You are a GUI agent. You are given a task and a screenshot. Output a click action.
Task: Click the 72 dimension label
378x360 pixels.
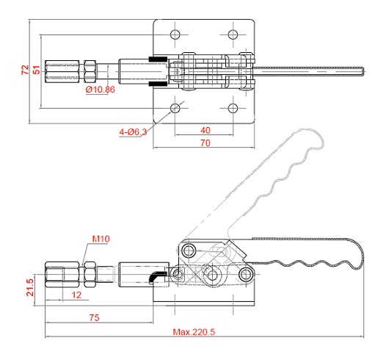(25, 70)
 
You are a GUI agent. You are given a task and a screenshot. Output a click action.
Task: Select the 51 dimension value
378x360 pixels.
(37, 70)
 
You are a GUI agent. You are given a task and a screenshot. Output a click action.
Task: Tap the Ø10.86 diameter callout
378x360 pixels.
(100, 90)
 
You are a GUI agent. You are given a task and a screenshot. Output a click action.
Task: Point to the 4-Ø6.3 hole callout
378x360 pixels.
(133, 132)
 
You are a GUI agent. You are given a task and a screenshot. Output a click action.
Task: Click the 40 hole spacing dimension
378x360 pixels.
(206, 130)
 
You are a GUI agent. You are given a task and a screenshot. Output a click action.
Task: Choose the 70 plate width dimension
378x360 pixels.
(206, 143)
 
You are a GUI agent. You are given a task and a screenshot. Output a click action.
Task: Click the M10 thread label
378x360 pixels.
(101, 239)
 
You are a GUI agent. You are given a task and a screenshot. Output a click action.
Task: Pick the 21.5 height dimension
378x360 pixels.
(30, 287)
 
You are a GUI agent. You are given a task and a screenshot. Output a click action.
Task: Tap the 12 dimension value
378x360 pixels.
(76, 295)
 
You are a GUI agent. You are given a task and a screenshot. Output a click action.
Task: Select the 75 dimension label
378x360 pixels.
(94, 317)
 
